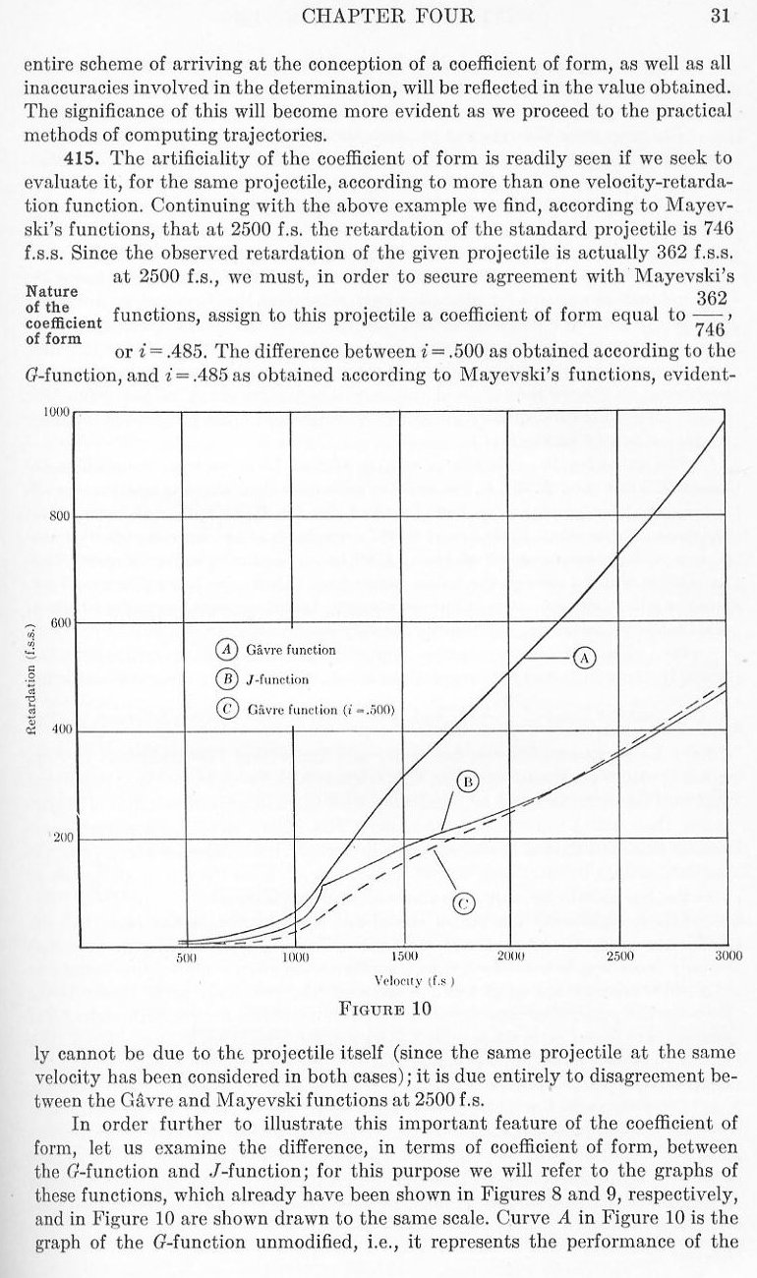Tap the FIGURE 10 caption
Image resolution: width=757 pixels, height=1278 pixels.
pyautogui.click(x=384, y=1008)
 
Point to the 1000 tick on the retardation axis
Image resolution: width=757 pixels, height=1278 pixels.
pyautogui.click(x=55, y=411)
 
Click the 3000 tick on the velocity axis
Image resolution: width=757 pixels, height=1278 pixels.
pyautogui.click(x=728, y=957)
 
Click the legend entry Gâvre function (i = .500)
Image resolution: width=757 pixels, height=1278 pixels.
pyautogui.click(x=305, y=710)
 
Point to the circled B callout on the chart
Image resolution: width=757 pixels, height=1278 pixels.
pyautogui.click(x=469, y=782)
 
